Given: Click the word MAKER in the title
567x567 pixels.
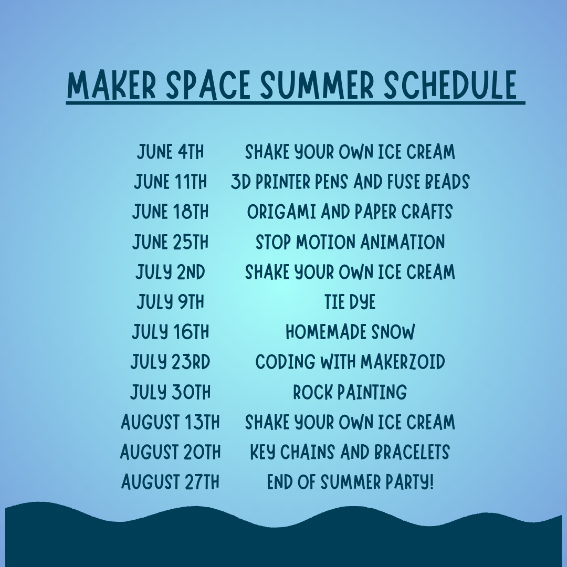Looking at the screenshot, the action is (111, 86).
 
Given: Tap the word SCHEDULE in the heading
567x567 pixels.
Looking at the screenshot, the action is (450, 86).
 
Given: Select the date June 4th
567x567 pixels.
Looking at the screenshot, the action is (170, 152).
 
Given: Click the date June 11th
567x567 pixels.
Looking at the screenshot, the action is (170, 182).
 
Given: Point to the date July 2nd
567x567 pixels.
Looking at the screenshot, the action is (170, 272).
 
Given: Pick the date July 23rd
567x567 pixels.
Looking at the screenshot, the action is (170, 362).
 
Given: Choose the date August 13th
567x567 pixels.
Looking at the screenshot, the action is (170, 422).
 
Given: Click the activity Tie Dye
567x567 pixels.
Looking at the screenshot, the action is (350, 302).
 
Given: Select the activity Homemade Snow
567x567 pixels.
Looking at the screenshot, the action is (350, 332).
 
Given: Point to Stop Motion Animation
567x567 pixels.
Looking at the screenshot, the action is (350, 242).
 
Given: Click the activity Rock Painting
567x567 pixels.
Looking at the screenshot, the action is (350, 392).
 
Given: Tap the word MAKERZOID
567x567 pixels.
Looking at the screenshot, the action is (403, 362).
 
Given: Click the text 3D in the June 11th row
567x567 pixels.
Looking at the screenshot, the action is (241, 182).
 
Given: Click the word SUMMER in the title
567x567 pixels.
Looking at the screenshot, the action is (317, 86).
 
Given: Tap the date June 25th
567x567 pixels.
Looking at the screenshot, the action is (170, 242).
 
